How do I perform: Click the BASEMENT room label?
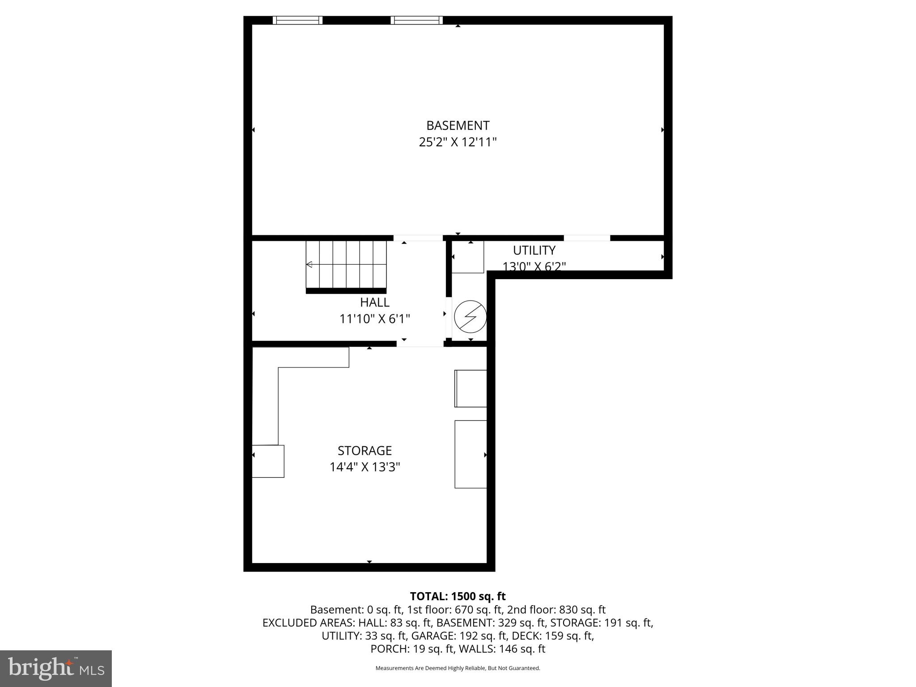coord(458,125)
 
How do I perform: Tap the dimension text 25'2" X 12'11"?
coord(458,142)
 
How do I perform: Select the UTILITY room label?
coord(534,250)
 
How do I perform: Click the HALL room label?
coord(374,302)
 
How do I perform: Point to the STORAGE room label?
coord(365,450)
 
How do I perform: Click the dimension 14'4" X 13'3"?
coord(365,467)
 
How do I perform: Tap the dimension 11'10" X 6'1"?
coord(374,319)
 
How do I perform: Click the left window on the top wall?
coord(297,20)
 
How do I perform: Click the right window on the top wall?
coord(416,20)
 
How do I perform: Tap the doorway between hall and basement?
coord(418,238)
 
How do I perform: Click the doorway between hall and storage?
coord(420,343)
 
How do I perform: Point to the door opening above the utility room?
coord(587,238)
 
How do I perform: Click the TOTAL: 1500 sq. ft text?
coord(458,596)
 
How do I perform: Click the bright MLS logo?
coord(56,668)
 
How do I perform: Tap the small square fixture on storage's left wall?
coord(268,461)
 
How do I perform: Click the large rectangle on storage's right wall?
coord(471,454)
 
